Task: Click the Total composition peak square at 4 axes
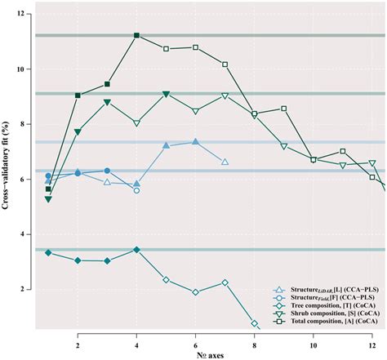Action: [x=136, y=35]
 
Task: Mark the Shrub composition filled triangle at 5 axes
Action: [x=166, y=94]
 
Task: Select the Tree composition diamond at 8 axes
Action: [x=255, y=323]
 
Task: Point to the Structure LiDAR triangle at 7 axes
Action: [x=225, y=162]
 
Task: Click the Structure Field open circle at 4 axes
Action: [x=136, y=190]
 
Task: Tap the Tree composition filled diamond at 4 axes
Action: [x=136, y=249]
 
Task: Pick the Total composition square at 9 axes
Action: [x=284, y=109]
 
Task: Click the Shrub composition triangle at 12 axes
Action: [x=372, y=163]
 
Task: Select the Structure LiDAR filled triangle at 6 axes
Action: [x=195, y=142]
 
